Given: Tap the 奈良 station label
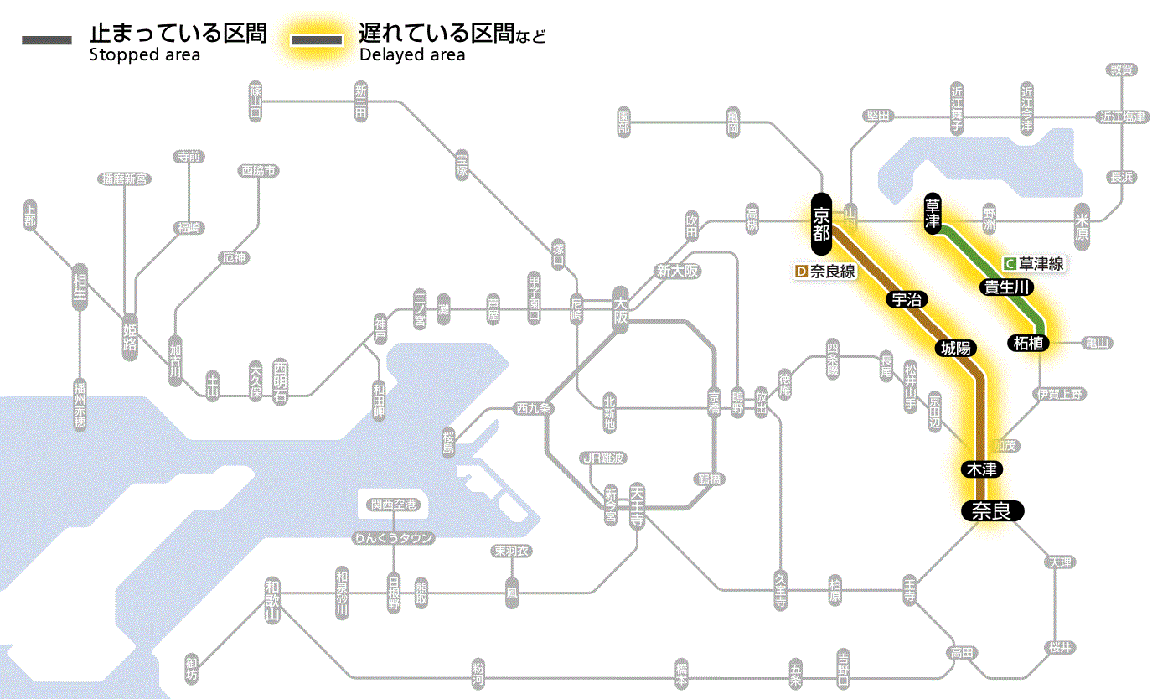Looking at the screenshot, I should point(992,510).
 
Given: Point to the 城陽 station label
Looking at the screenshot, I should point(955,348).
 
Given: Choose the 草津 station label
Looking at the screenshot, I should point(933,213).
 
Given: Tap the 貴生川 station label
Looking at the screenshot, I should point(1007,287).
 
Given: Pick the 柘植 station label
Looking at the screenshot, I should point(1029,342).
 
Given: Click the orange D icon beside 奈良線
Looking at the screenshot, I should point(801,272).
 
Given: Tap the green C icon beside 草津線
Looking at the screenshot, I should point(1010,263).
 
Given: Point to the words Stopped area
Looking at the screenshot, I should point(145,55).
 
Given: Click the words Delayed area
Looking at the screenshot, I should point(412,55).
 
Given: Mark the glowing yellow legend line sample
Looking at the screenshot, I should point(317,40).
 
